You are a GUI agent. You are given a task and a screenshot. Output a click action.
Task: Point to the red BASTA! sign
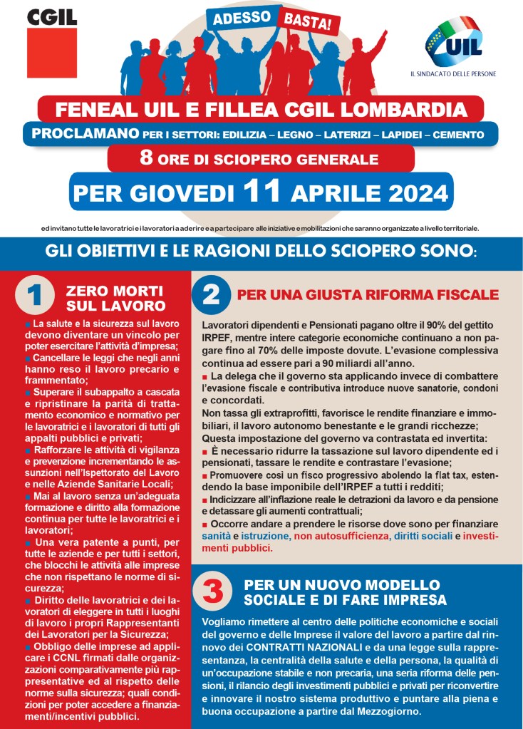coord(308,22)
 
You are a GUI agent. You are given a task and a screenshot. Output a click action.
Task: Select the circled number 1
coord(35,297)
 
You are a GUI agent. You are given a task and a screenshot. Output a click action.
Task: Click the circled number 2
coord(211,294)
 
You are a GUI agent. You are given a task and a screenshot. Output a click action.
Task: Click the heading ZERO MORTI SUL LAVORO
coord(115,299)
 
